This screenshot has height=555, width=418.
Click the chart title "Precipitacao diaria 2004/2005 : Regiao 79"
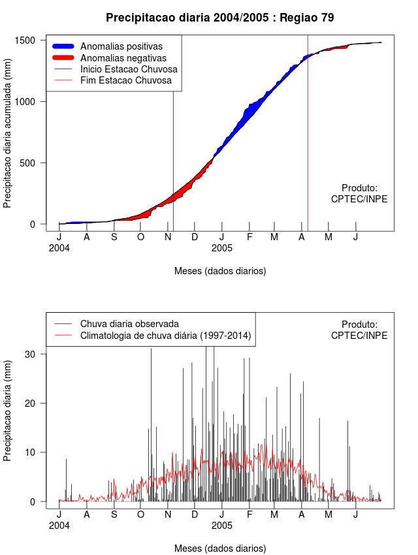pos(219,18)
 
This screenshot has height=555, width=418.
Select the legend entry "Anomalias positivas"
pos(121,46)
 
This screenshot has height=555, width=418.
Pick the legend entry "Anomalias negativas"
pos(123,58)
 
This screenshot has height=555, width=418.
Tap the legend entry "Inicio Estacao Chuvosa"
pos(129,69)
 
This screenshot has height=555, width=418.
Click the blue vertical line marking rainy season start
pos(173,163)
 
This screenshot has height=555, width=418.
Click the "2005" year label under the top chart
pos(222,248)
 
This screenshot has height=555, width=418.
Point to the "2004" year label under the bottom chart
pos(59,525)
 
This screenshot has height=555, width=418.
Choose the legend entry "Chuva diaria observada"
pos(129,324)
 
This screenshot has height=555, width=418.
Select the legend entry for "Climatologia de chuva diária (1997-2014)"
pos(166,336)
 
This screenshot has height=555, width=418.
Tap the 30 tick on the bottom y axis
pos(34,354)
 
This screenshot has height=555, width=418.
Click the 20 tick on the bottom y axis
pos(34,404)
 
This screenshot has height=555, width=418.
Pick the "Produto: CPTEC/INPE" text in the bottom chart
pos(359,330)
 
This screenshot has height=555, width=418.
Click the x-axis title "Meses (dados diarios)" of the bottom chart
pos(220,548)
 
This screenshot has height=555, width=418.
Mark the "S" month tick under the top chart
pos(114,236)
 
